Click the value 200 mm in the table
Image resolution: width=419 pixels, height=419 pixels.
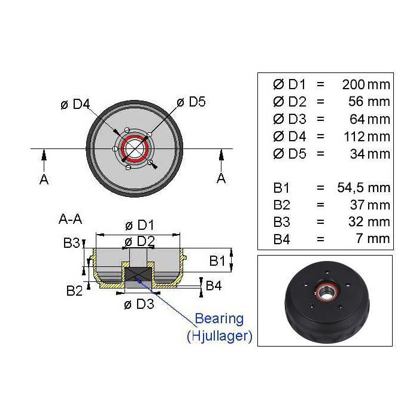pyautogui.click(x=366, y=85)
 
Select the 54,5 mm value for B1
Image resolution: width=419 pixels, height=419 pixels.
pyautogui.click(x=364, y=187)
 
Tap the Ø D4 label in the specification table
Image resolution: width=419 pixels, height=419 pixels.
pyautogui.click(x=289, y=136)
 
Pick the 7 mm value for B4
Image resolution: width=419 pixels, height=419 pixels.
pyautogui.click(x=373, y=239)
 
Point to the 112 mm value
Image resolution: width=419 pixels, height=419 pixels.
pyautogui.click(x=367, y=136)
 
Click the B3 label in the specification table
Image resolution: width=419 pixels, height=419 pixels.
pyautogui.click(x=281, y=222)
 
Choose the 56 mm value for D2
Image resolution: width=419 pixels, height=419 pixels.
pyautogui.click(x=369, y=102)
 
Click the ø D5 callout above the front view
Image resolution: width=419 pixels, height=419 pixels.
pyautogui.click(x=191, y=102)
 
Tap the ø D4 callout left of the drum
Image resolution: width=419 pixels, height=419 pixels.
pyautogui.click(x=75, y=104)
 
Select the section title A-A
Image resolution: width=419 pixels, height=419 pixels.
pyautogui.click(x=70, y=219)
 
